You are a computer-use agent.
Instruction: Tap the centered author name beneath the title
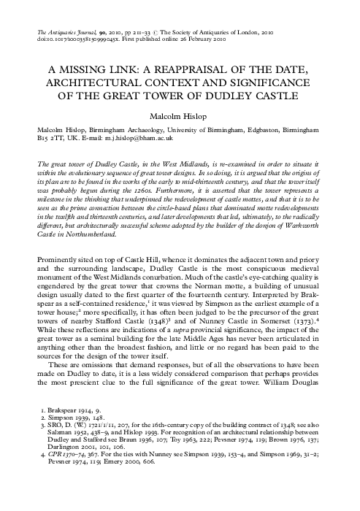(179, 115)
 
